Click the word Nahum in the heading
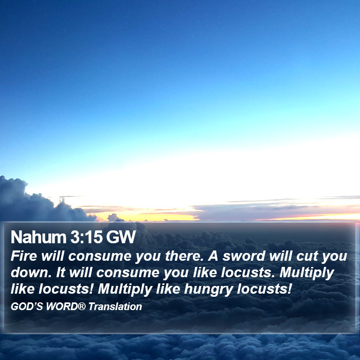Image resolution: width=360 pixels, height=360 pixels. click(39, 237)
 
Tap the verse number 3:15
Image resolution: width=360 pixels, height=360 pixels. click(86, 237)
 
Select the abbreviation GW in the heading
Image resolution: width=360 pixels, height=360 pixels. click(121, 237)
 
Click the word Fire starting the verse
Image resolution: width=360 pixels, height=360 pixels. click(24, 256)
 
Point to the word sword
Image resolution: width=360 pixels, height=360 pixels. click(244, 256)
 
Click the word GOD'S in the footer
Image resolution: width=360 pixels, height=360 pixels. click(27, 307)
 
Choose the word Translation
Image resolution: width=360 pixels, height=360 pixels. click(115, 307)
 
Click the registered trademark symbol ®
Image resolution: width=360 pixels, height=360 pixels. click(81, 306)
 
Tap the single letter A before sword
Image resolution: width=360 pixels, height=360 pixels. click(213, 256)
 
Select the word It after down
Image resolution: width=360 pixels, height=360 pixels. click(61, 273)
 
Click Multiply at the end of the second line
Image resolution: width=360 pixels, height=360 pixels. click(307, 273)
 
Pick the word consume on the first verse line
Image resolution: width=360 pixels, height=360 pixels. click(100, 257)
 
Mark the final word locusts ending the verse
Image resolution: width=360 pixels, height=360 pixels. click(264, 289)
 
